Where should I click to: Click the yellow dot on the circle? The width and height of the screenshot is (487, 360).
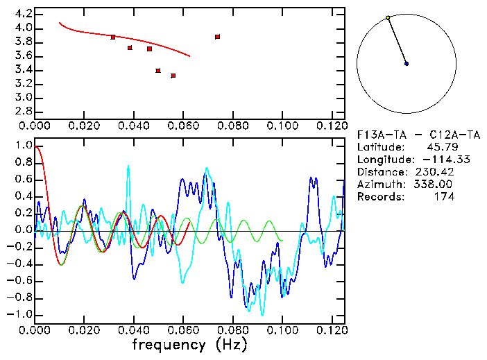tap(388, 17)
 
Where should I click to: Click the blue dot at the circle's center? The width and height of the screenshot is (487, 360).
tap(407, 64)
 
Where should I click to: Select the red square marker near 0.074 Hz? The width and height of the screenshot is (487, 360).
tap(218, 37)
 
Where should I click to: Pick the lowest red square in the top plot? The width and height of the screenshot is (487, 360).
tap(173, 76)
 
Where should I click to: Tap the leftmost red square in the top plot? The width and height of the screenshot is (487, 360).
tap(113, 37)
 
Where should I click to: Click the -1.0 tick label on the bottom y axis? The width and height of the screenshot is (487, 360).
tap(18, 314)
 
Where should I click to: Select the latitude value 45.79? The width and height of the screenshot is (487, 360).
tap(441, 147)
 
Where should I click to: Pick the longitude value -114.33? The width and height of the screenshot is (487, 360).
tap(434, 160)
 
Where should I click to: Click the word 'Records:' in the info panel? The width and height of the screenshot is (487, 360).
tap(379, 197)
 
